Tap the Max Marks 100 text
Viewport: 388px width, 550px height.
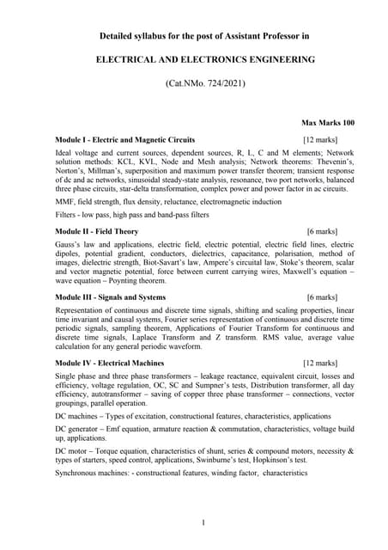tap(328, 123)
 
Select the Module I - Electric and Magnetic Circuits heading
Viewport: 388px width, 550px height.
tap(124, 139)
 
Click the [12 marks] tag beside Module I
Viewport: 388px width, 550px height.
tap(320, 139)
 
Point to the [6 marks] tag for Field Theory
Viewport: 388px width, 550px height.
tap(325, 232)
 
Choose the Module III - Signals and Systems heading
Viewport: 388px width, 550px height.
tap(111, 296)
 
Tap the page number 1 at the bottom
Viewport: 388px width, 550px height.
tap(203, 522)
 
